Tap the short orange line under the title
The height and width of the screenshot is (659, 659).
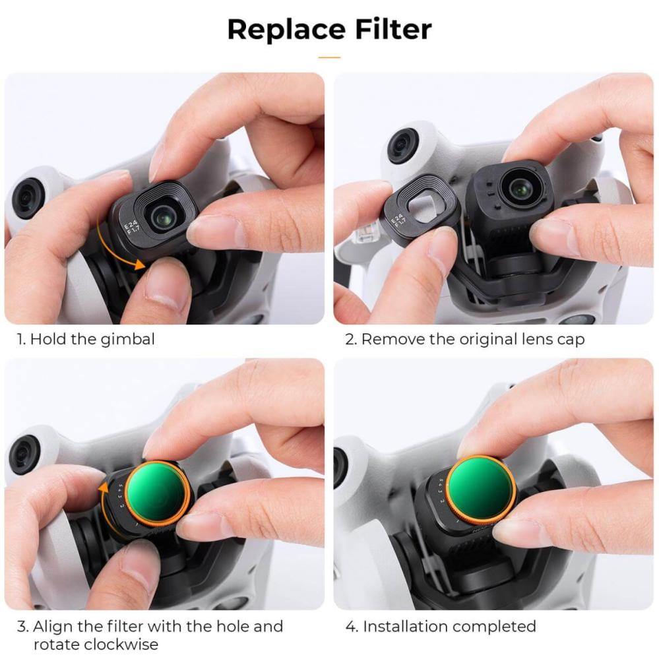(x=329, y=57)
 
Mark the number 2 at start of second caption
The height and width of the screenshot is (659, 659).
(x=350, y=340)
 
